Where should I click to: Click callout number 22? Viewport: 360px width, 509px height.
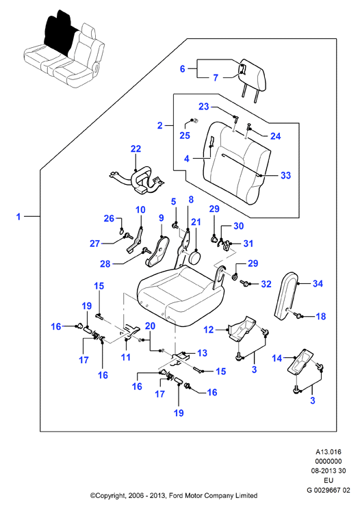(x=136, y=148)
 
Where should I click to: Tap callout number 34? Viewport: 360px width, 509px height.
(x=318, y=283)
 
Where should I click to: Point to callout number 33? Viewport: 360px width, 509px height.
(x=285, y=175)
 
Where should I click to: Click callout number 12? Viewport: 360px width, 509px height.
(x=209, y=330)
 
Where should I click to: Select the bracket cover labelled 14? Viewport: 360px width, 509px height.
(x=301, y=362)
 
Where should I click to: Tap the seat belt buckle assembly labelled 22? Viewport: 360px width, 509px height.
(x=136, y=179)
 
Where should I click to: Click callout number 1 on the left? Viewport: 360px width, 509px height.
(x=18, y=216)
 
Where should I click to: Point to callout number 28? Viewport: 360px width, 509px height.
(x=105, y=264)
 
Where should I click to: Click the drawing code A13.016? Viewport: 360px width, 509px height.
(x=329, y=452)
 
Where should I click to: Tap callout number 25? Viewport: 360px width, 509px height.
(x=185, y=135)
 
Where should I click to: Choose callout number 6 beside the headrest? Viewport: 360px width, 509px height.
(x=183, y=68)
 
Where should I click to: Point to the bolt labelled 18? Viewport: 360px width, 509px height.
(x=298, y=314)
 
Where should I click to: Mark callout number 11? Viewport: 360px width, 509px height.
(x=126, y=357)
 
